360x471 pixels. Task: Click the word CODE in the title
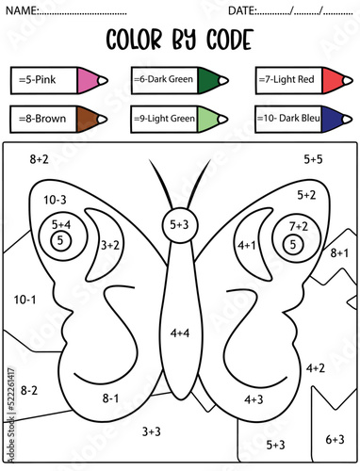coord(221,40)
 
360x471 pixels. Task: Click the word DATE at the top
coord(242,9)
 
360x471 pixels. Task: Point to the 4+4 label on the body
coord(180,333)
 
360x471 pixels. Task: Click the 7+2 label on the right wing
coord(299,227)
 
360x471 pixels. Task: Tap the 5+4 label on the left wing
coord(61,225)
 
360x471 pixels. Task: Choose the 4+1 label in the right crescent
coord(247,245)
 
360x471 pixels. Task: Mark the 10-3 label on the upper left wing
coord(55,200)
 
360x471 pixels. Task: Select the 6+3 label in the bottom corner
coord(335,439)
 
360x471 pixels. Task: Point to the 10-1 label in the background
coord(25,300)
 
